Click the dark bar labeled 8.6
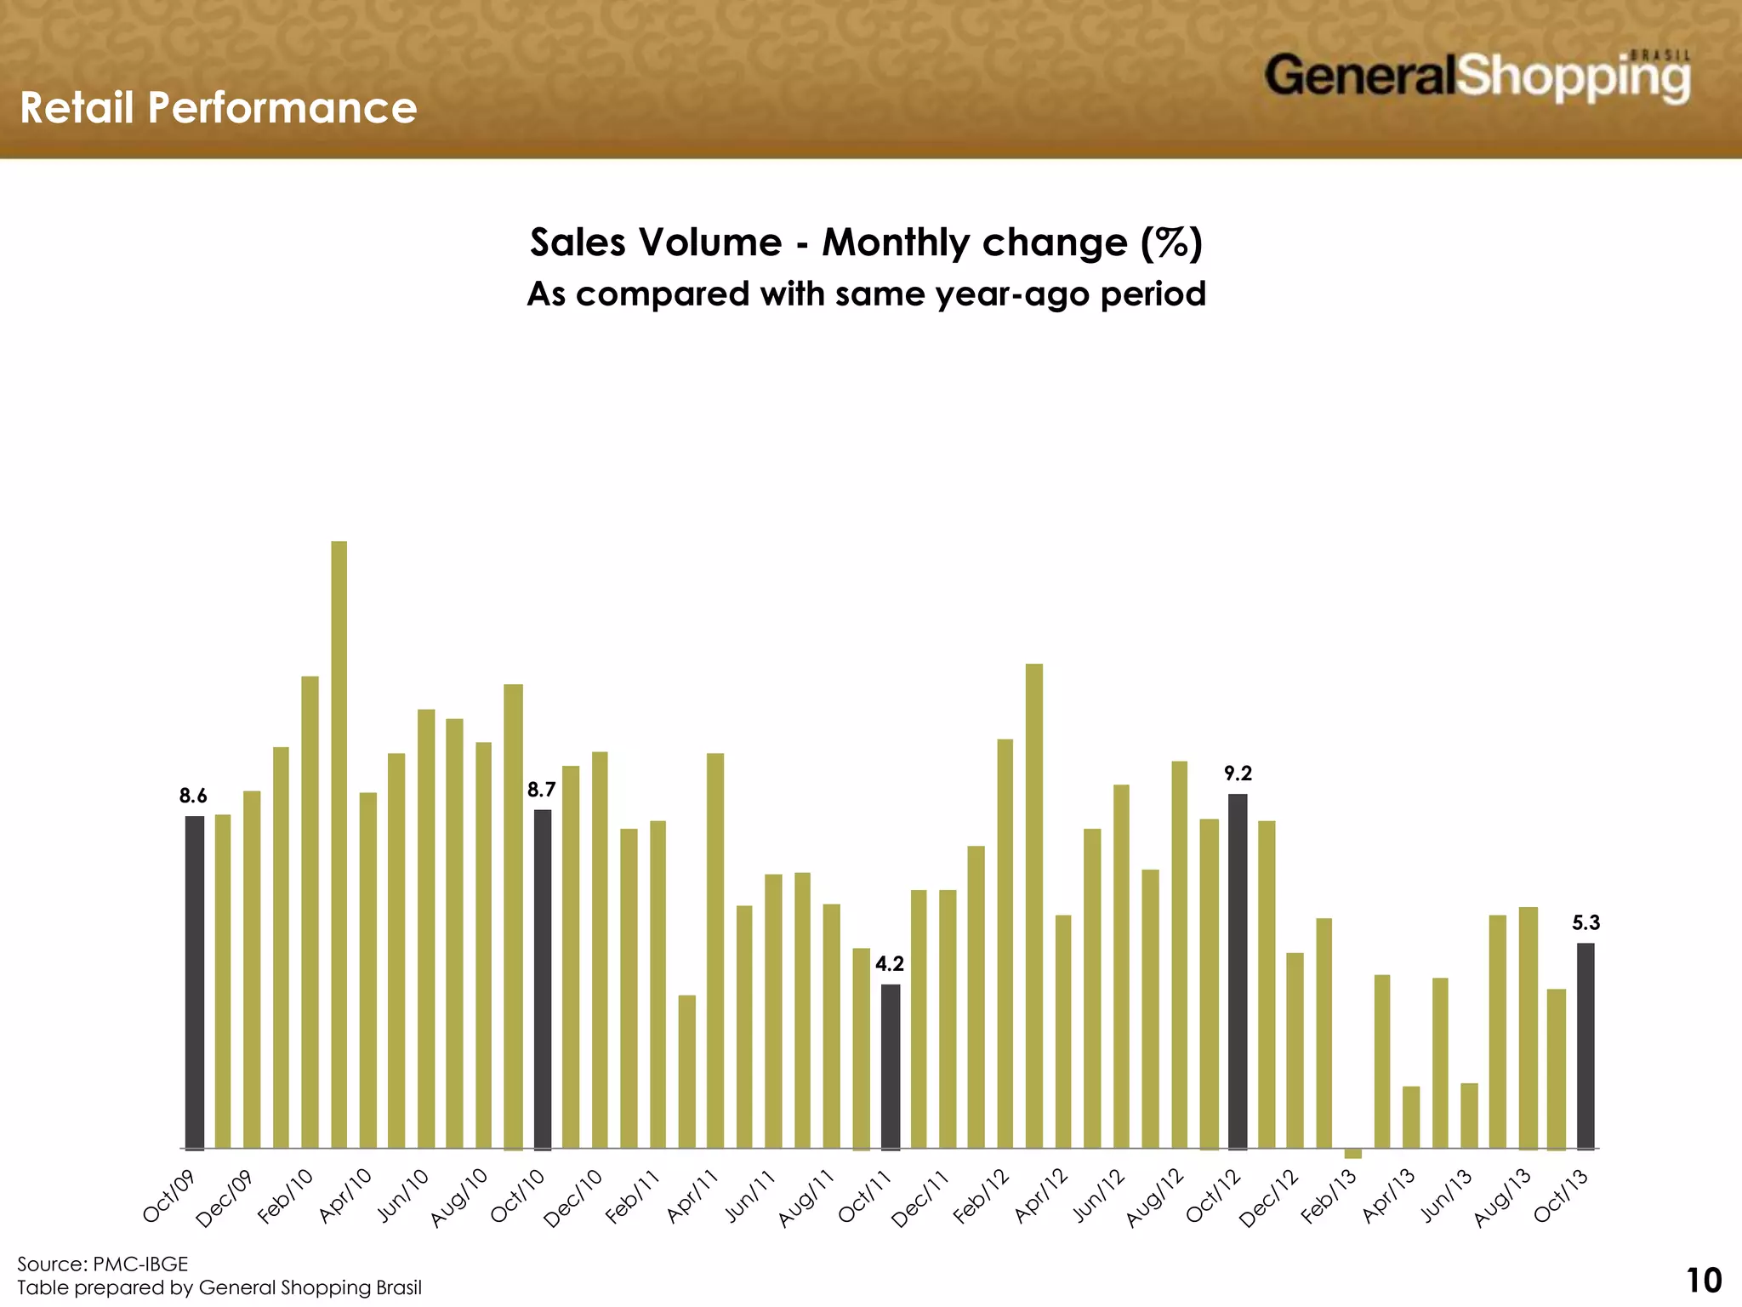tap(195, 982)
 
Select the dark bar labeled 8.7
tap(543, 979)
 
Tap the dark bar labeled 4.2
tap(891, 1066)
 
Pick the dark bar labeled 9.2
tap(1238, 971)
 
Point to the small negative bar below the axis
tap(1353, 1154)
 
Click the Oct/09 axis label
tap(168, 1196)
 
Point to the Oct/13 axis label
tap(1561, 1196)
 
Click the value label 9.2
tap(1238, 773)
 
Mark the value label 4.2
tap(890, 964)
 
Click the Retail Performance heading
tap(219, 108)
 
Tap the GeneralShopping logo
tap(1477, 77)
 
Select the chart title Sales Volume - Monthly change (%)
tap(866, 243)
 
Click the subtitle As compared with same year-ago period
tap(866, 294)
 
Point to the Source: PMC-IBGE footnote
tap(103, 1264)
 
